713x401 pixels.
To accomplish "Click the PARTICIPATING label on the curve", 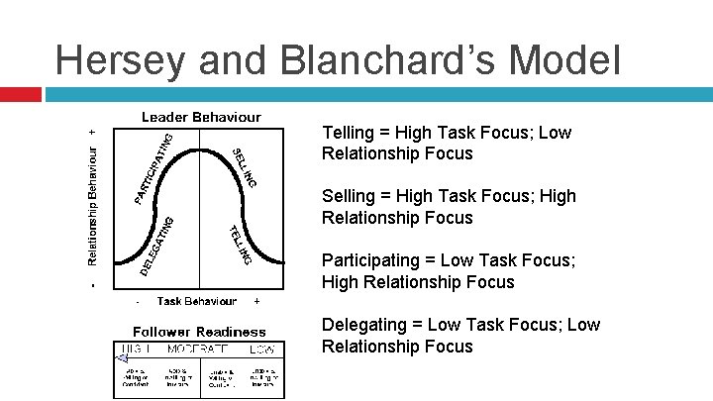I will click(x=153, y=168).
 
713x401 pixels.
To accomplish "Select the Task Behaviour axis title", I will click(x=196, y=301).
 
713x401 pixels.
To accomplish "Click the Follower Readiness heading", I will click(x=201, y=331).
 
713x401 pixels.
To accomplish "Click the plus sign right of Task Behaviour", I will click(x=257, y=301).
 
